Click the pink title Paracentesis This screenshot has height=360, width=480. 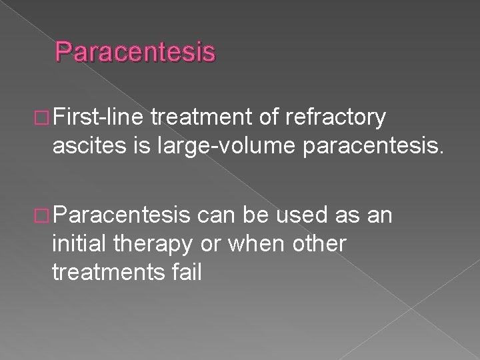point(135,52)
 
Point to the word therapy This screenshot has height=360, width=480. point(150,244)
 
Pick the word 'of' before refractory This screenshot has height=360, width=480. point(267,118)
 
